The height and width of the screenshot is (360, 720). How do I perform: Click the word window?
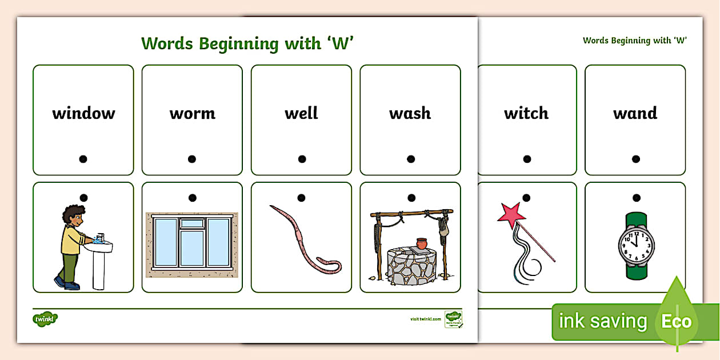click(x=83, y=113)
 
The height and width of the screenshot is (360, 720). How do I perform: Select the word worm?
click(x=192, y=113)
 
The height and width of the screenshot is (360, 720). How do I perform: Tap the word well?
click(x=301, y=113)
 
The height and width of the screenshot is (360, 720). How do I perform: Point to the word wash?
click(x=410, y=113)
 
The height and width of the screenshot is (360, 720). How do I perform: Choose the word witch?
click(x=526, y=113)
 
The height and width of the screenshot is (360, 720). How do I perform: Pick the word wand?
click(x=635, y=113)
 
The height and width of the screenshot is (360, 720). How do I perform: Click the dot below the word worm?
click(x=192, y=159)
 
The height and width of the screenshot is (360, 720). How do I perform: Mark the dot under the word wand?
click(x=635, y=159)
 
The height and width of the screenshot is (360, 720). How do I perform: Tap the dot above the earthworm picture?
click(x=302, y=198)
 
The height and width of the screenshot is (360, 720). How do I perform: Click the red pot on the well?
click(x=422, y=243)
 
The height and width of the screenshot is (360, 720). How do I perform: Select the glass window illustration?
click(x=191, y=243)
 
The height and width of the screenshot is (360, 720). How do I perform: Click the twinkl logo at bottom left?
click(x=46, y=318)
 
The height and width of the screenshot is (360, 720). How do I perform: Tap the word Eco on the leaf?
click(x=676, y=321)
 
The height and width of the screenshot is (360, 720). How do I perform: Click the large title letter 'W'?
click(x=339, y=43)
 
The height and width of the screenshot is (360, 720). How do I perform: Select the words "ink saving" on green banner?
click(x=602, y=321)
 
